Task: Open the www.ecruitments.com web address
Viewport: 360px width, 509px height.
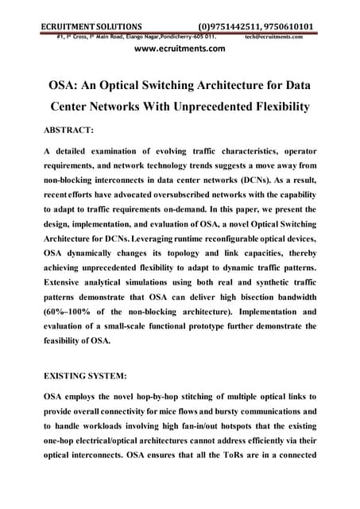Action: click(x=180, y=49)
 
